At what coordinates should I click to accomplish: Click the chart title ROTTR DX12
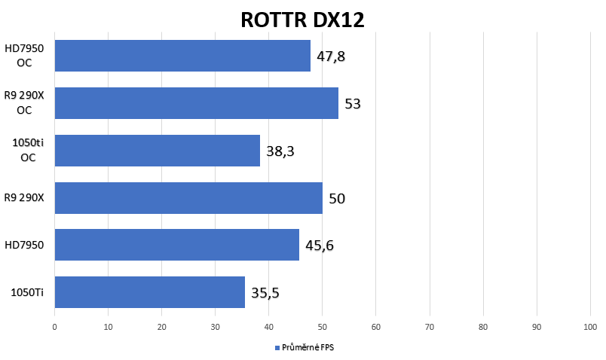(302, 20)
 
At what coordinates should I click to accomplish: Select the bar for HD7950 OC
(182, 56)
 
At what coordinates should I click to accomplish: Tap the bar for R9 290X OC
(196, 103)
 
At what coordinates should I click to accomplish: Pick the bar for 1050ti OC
(158, 151)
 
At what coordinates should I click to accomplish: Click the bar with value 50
(188, 198)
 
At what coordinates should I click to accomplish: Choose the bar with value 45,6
(177, 245)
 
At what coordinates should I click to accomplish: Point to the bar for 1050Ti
(150, 292)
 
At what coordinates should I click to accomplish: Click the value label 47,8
(331, 56)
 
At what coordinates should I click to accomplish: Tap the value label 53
(353, 103)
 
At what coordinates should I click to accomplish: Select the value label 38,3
(280, 151)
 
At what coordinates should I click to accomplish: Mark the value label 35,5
(265, 293)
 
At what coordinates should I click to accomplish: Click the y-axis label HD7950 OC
(24, 56)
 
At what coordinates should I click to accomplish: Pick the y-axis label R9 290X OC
(24, 102)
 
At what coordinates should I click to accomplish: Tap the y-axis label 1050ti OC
(28, 151)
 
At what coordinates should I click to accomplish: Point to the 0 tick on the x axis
(54, 327)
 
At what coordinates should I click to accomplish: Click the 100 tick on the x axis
(590, 327)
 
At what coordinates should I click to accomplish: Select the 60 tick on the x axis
(375, 327)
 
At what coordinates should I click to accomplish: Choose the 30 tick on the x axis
(216, 327)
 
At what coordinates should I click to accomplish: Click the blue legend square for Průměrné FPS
(277, 348)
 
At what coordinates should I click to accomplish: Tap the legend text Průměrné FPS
(308, 348)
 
